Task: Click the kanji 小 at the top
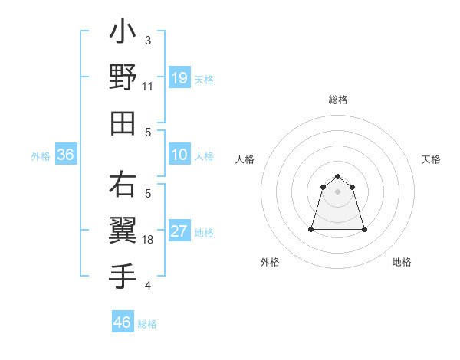123,34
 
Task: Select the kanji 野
123,77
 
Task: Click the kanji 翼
123,229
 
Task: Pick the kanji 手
123,273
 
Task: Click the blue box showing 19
179,78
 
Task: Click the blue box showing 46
123,322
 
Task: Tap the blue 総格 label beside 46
147,324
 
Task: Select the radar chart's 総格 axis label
337,100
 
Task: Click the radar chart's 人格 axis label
245,159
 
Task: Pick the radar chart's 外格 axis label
270,262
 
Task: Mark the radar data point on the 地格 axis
363,229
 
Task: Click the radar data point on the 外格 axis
312,229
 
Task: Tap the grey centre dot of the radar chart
337,191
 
